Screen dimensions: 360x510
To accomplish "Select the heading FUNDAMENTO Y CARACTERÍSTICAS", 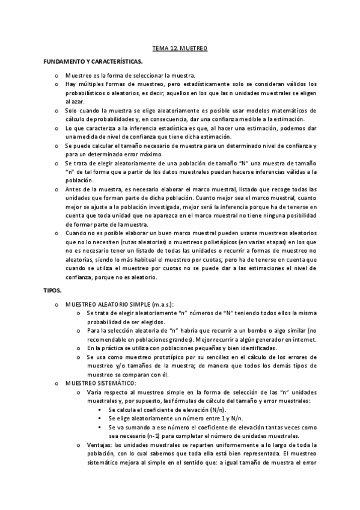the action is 93,62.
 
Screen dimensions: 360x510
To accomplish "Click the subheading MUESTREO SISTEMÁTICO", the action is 100,383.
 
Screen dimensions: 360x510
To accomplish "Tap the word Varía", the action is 95,392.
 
